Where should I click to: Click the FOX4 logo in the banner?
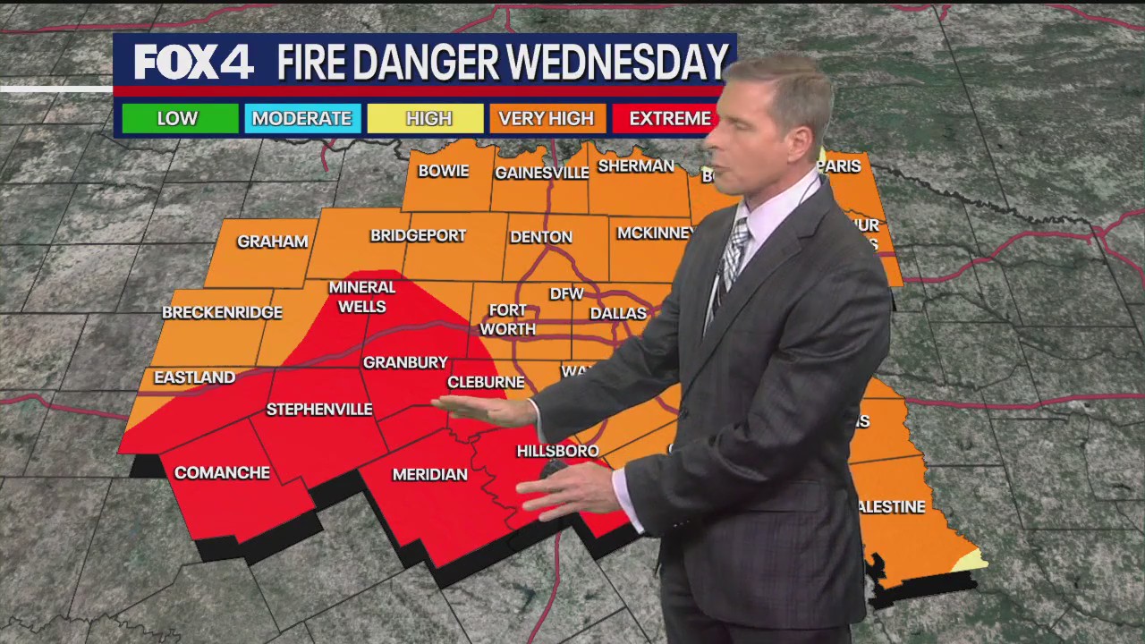(x=193, y=63)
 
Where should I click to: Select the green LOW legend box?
(x=179, y=118)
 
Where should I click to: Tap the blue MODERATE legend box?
(x=302, y=118)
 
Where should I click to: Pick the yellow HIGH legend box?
(x=428, y=118)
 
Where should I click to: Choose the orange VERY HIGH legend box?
(x=546, y=118)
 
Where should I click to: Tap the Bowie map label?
(x=443, y=171)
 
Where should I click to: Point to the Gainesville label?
(x=541, y=173)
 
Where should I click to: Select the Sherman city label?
(x=635, y=166)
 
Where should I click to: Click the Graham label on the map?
(x=272, y=241)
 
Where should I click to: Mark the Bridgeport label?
(x=418, y=236)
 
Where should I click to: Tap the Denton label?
(x=540, y=237)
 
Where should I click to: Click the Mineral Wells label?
(x=361, y=297)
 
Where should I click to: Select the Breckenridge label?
(x=222, y=313)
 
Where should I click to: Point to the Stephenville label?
(x=318, y=410)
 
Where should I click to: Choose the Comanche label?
(x=221, y=473)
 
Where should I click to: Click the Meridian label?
(x=429, y=475)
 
